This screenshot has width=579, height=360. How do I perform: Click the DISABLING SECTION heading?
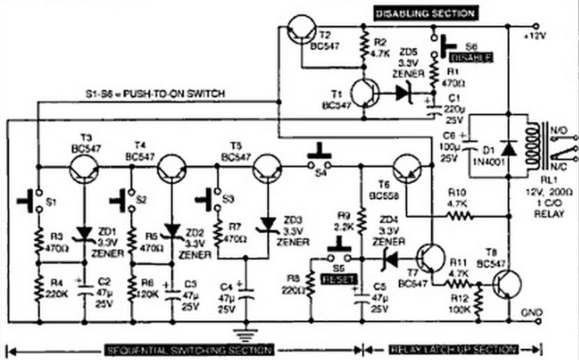(425, 13)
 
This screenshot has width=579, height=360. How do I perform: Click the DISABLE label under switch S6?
(471, 58)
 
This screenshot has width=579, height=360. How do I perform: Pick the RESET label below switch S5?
(340, 279)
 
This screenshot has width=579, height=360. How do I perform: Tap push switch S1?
(28, 200)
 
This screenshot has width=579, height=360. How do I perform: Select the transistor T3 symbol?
(85, 168)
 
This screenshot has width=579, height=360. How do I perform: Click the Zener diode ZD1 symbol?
(85, 231)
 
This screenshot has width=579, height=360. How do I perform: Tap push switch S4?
(319, 157)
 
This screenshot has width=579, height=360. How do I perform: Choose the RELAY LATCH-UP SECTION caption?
(453, 349)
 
